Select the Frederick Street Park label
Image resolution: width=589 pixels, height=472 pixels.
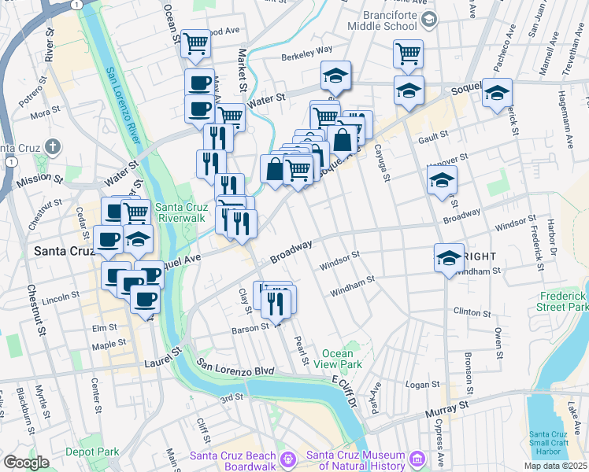pos(563,301)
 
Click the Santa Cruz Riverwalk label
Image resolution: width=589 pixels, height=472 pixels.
pos(182,213)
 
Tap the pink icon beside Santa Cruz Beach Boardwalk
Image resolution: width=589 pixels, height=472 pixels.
pos(288,457)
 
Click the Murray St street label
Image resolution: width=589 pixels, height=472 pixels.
pos(447,406)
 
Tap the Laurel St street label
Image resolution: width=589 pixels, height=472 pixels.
pos(164,362)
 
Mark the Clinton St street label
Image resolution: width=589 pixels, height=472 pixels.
pos(472,312)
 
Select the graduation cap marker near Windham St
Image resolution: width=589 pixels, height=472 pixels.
pos(449,257)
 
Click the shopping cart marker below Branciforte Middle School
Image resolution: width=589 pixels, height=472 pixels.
pos(408,53)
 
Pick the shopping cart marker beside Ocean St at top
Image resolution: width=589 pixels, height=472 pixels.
pos(195,43)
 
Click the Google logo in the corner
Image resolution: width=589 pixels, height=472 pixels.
pos(26,463)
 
